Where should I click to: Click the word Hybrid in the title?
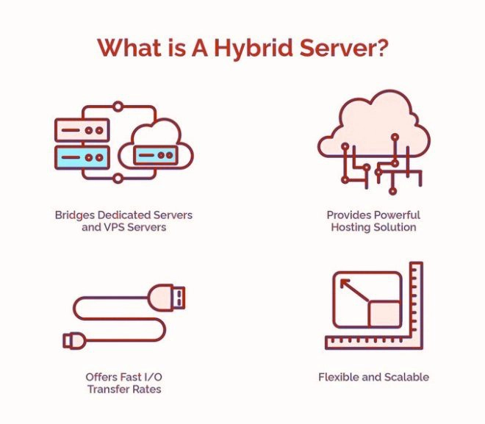tap(254, 48)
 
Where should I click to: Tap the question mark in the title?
tap(380, 47)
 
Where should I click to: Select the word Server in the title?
tap(334, 48)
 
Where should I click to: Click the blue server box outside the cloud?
tap(82, 157)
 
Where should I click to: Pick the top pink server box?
tap(82, 130)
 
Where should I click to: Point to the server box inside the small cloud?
tap(156, 155)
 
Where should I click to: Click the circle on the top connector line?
tap(118, 107)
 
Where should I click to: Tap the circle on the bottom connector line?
tap(118, 179)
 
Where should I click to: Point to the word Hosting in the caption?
tap(351, 228)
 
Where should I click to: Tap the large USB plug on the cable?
tap(166, 298)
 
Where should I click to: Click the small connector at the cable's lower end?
tap(74, 340)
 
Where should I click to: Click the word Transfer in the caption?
tap(108, 389)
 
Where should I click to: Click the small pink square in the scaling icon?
tap(384, 314)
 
